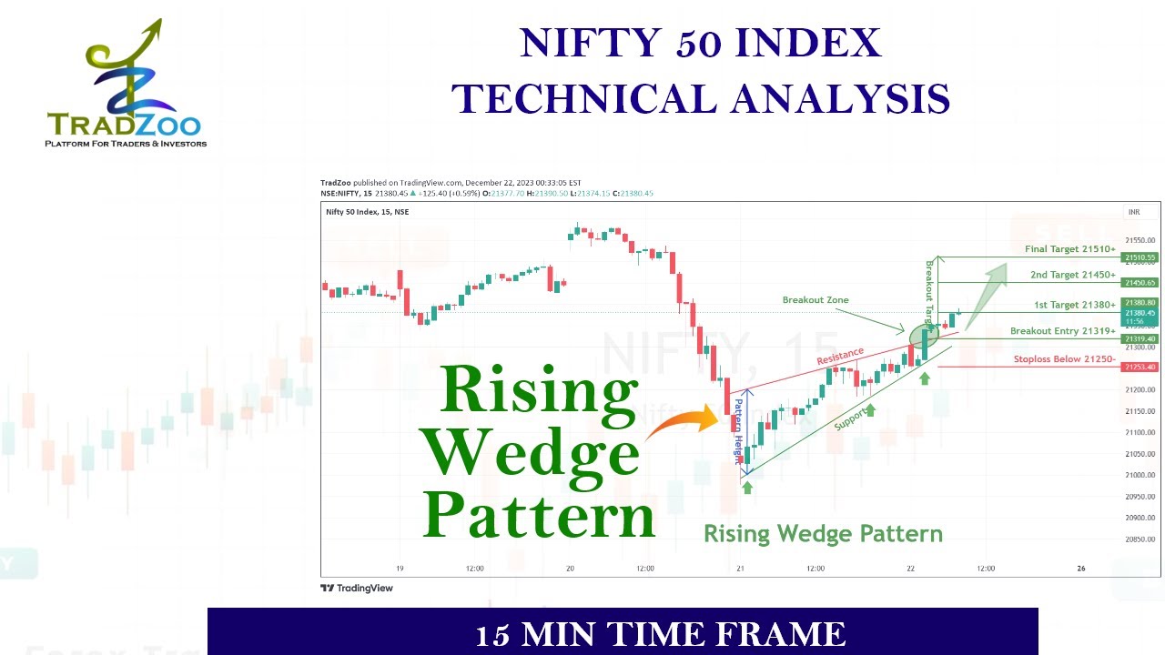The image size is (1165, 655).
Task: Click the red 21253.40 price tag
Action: (x=1140, y=368)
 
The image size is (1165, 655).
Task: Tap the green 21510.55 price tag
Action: (x=1140, y=257)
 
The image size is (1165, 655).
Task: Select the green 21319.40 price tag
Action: (x=1140, y=338)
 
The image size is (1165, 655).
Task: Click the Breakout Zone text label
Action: (x=815, y=300)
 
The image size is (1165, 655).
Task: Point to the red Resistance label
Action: (x=840, y=356)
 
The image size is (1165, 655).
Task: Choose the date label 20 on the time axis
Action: (x=570, y=569)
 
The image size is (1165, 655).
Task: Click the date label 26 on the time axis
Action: (x=1081, y=569)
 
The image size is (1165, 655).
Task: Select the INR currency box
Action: (x=1134, y=212)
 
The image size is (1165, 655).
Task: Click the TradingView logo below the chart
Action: (x=357, y=588)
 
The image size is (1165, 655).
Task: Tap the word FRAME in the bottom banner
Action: (x=789, y=634)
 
